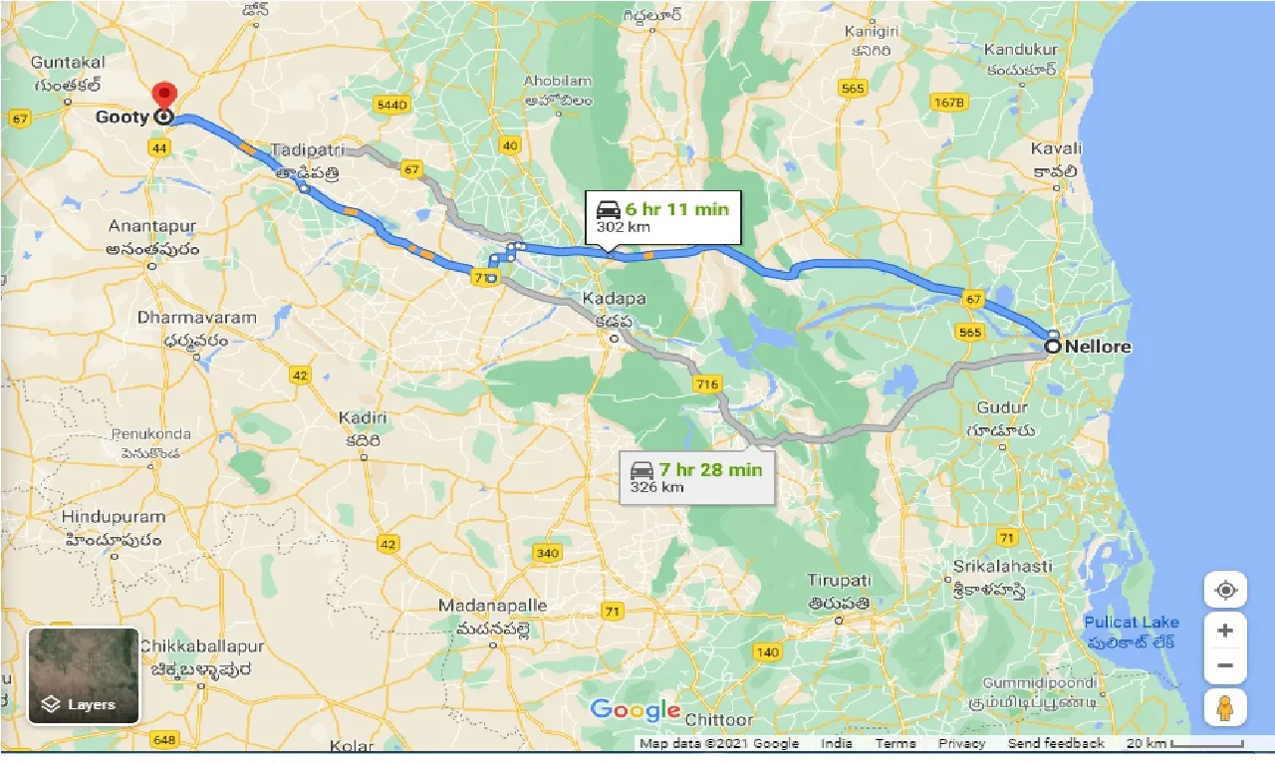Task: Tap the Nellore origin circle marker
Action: point(1053,347)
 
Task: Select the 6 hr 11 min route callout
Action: point(662,216)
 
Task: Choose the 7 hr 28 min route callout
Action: point(696,477)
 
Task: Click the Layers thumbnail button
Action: point(84,675)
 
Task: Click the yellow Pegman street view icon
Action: point(1225,707)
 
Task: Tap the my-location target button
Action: point(1225,590)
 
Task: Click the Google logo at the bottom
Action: point(636,710)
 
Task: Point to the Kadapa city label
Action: point(614,299)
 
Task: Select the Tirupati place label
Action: point(840,581)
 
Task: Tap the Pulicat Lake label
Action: point(1132,623)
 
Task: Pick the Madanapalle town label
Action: point(493,606)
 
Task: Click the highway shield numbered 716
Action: point(708,384)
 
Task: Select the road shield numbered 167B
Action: point(949,102)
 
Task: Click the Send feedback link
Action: point(1056,743)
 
